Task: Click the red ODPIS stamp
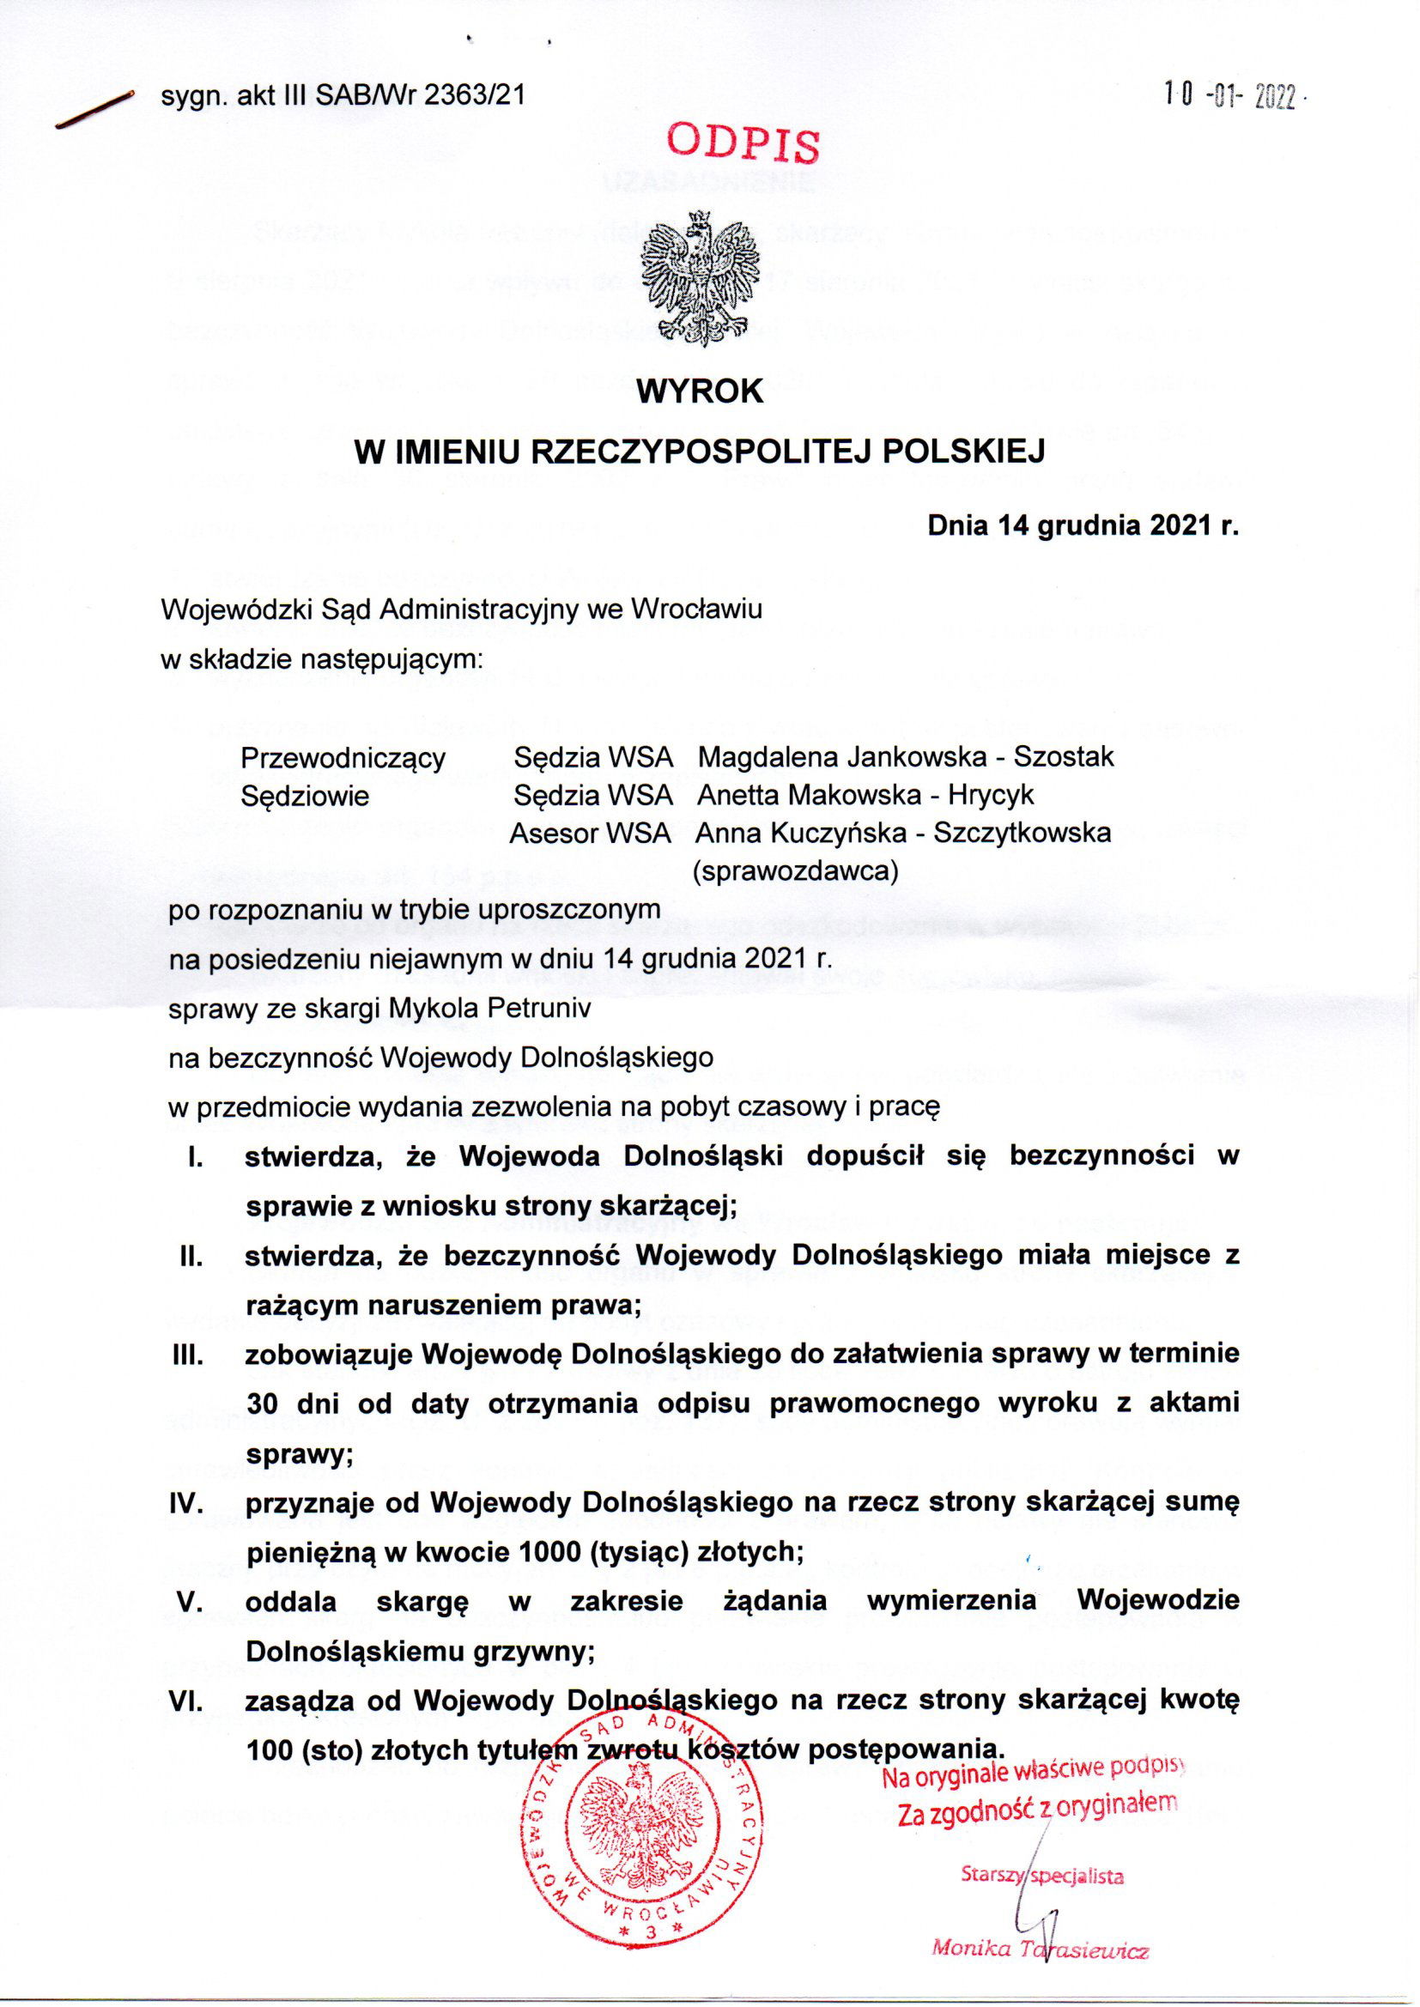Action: [744, 143]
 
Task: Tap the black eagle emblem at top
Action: [700, 275]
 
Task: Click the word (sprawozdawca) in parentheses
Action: [795, 871]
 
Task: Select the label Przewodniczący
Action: [343, 757]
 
